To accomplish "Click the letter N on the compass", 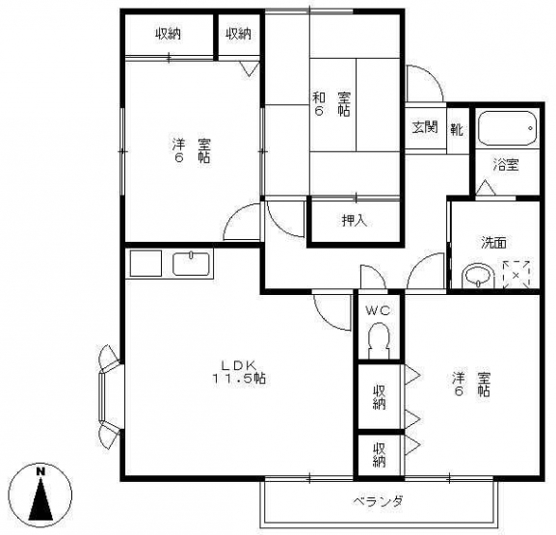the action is [40, 471].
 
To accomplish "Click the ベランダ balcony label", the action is [378, 501].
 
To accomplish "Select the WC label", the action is [379, 311].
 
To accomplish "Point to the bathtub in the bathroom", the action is [506, 128].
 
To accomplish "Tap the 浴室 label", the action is [506, 165].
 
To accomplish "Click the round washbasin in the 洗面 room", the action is [478, 276].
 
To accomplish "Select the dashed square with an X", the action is [516, 274].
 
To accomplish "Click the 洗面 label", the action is [493, 243].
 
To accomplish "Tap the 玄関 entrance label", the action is [425, 127].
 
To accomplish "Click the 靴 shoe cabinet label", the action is [457, 129].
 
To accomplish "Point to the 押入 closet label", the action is [355, 221].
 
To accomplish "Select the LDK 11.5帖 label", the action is [239, 371].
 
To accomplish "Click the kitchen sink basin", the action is [192, 263].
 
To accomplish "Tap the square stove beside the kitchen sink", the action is [146, 263].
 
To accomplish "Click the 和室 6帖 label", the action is [331, 104].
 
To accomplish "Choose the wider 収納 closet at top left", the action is [169, 34].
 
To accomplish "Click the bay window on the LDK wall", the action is [110, 396].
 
